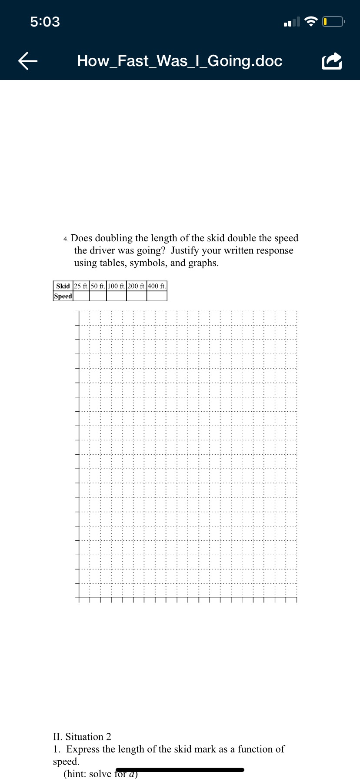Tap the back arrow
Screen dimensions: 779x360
point(28,61)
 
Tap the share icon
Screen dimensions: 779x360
point(332,61)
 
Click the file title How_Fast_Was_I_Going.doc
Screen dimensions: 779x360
point(180,61)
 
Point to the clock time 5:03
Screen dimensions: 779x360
point(45,22)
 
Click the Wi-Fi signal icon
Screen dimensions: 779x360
point(311,21)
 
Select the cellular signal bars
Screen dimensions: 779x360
point(292,22)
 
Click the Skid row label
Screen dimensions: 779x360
point(63,286)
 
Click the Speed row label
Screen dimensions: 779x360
point(63,296)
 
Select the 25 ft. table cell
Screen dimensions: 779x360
point(81,286)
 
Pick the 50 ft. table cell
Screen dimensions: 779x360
point(98,286)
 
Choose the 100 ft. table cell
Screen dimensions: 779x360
point(117,286)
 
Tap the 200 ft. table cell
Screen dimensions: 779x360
point(137,286)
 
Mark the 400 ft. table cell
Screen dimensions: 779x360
point(157,286)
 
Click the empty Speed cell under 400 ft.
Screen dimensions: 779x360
point(157,296)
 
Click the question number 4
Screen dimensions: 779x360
point(66,239)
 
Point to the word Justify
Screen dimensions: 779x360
point(185,250)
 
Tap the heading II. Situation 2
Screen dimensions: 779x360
point(82,736)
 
